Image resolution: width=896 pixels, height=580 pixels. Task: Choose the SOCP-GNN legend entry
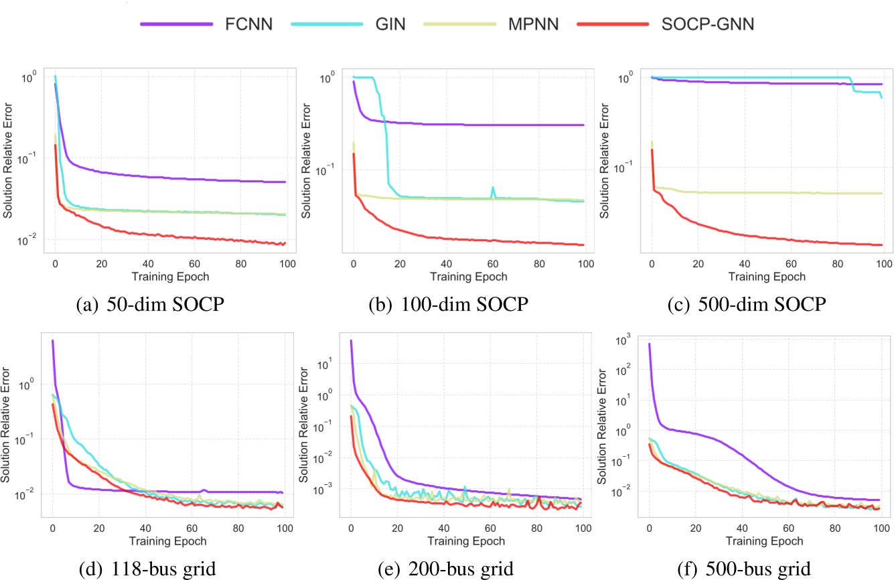(670, 25)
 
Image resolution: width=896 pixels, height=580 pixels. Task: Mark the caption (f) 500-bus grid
(744, 569)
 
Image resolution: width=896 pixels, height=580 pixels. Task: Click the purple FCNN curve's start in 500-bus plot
(649, 344)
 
